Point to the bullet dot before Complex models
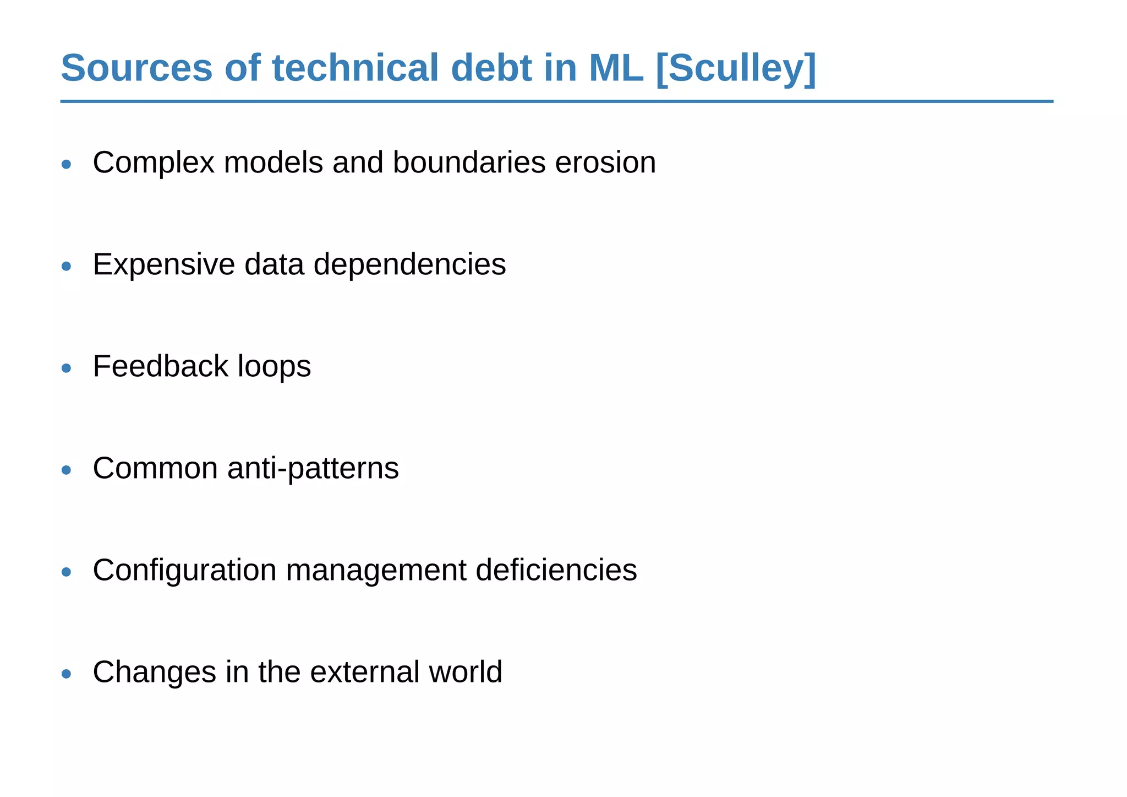coord(67,164)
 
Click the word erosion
coord(605,162)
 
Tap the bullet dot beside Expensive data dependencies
coord(67,266)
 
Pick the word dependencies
coord(409,264)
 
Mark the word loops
coord(274,366)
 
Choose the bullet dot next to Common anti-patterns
coord(67,470)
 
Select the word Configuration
coord(184,570)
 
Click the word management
coord(376,570)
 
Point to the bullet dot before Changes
coord(67,674)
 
